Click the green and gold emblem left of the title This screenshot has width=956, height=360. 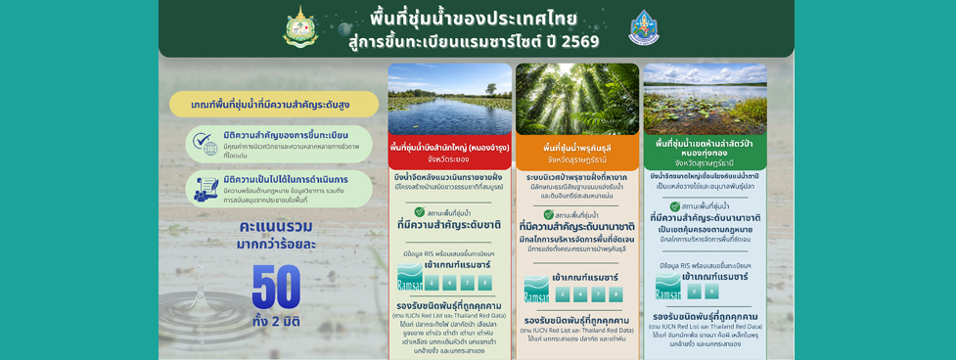tap(299, 26)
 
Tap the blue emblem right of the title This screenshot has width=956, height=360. tap(643, 27)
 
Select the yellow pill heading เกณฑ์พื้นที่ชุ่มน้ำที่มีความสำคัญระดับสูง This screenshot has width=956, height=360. tap(273, 104)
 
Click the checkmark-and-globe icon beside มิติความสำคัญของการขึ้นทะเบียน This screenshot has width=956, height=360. tap(205, 143)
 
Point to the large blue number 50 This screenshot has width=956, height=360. tap(275, 287)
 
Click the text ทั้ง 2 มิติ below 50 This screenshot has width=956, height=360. tap(276, 321)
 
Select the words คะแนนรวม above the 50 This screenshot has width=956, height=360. tap(276, 227)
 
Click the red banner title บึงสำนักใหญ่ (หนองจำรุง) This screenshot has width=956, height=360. tap(449, 148)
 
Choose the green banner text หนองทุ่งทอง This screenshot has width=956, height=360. tap(705, 153)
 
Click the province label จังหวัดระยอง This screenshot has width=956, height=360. tap(449, 158)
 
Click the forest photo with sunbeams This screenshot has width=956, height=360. tap(576, 99)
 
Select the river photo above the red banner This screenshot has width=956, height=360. tap(449, 99)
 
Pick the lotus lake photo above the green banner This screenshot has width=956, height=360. tap(705, 99)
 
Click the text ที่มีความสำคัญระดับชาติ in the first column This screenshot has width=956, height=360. tap(449, 225)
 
